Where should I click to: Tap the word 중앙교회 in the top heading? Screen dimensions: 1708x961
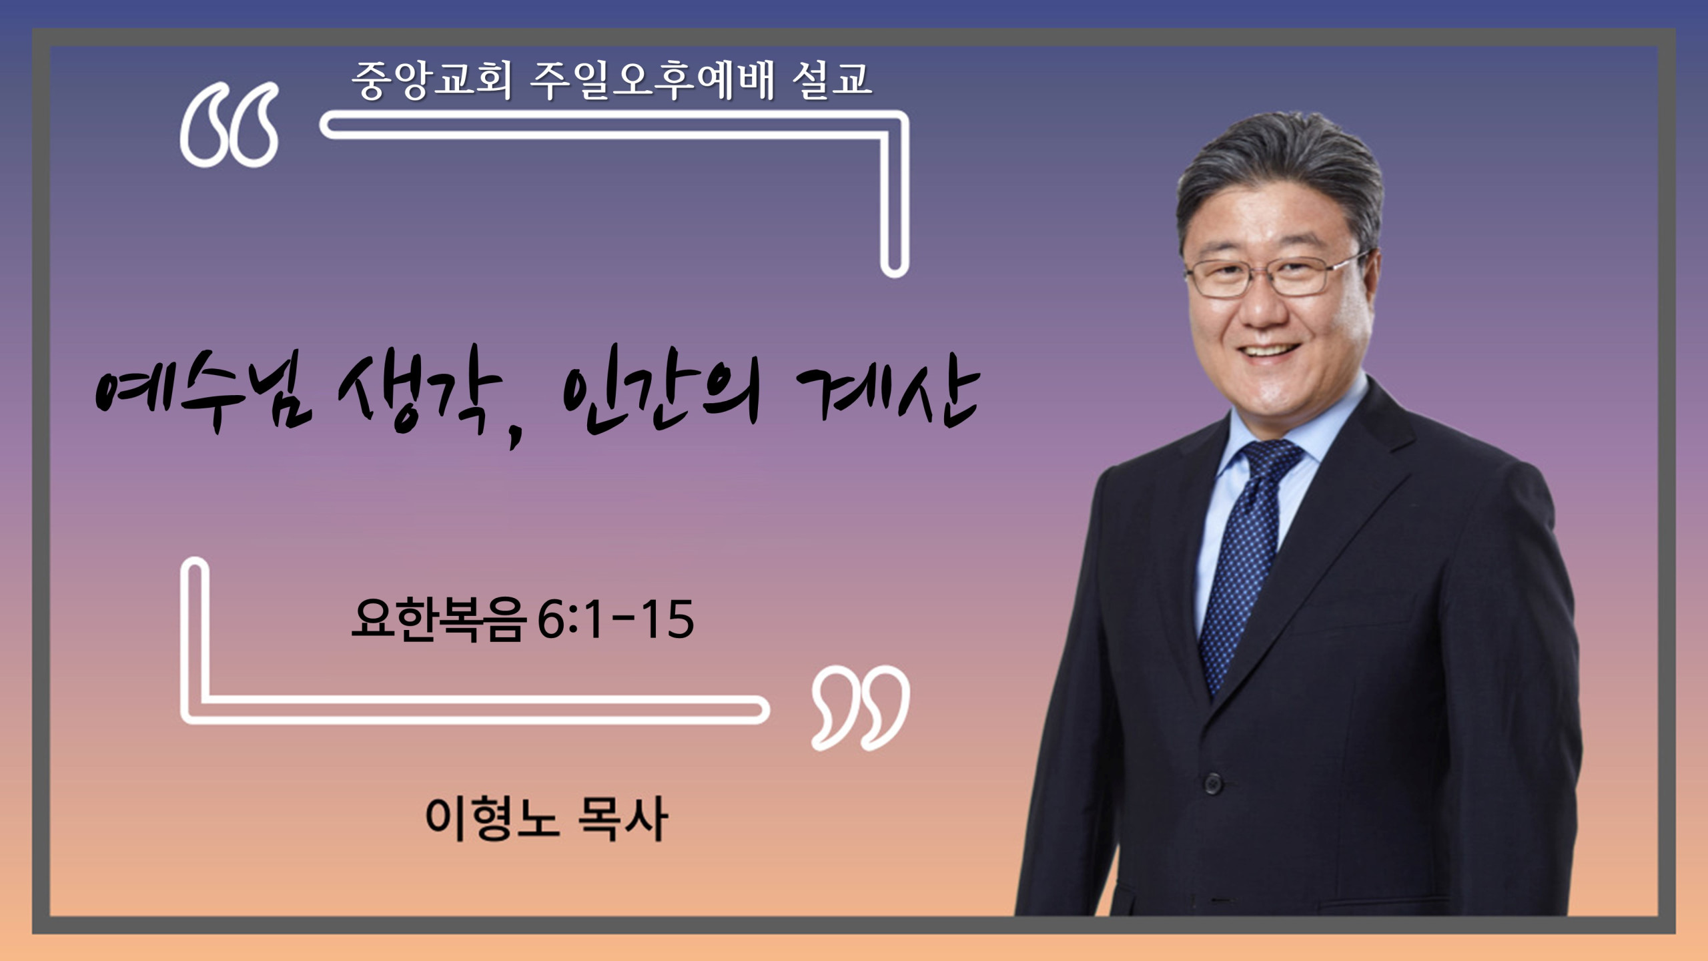432,80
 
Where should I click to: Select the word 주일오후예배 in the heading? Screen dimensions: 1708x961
652,80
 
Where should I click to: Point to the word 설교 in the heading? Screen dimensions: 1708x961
832,80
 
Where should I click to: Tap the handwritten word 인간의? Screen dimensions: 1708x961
661,390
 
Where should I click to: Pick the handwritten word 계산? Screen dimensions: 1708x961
887,394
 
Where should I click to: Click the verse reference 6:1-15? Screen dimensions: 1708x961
615,620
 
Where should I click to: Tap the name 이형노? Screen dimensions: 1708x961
492,818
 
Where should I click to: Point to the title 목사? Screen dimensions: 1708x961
622,818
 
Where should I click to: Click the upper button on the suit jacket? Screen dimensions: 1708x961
1214,782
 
